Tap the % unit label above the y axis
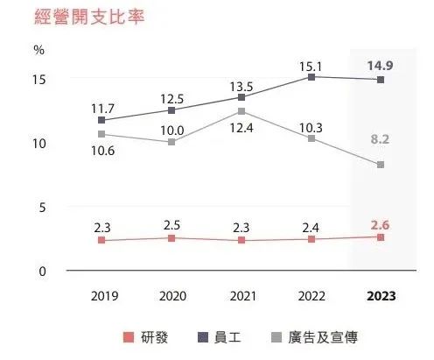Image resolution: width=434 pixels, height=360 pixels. click(x=38, y=49)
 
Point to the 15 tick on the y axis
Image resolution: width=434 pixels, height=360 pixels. click(x=38, y=80)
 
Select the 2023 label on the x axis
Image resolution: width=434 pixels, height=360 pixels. click(x=380, y=296)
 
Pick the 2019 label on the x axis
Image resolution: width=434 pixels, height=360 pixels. click(x=102, y=296)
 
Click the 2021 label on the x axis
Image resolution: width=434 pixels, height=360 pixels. click(x=241, y=296)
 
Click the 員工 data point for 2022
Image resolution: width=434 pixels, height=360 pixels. click(x=311, y=77)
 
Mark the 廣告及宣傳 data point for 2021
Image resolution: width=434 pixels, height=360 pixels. click(x=241, y=111)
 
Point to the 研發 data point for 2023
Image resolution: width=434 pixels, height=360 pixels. click(x=380, y=237)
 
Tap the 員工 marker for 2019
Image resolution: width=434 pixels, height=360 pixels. click(x=102, y=120)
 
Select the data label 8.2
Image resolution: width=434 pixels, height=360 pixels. click(x=380, y=139)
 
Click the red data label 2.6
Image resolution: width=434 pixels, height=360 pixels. click(x=380, y=222)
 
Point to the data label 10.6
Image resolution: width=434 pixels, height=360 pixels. click(x=102, y=151)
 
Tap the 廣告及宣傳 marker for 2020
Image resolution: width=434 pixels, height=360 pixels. click(x=171, y=142)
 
